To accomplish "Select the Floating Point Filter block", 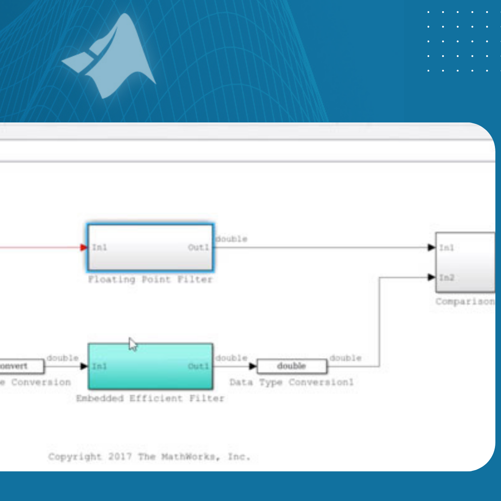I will pos(150,248).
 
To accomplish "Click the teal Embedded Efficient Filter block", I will pos(150,366).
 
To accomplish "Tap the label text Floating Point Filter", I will pos(150,280).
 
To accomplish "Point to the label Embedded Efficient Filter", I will pos(150,398).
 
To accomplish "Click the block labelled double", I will pos(292,366).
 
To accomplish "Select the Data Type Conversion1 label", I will pos(291,382).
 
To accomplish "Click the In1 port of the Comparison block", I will pos(446,248).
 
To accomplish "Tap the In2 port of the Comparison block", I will pos(446,277).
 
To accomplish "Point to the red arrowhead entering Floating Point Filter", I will pos(83,247).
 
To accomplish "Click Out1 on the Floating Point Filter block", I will pos(199,248).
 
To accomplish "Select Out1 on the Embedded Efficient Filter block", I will pos(199,366).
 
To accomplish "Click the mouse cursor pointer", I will pos(133,344).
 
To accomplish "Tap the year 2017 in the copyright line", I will pos(121,456).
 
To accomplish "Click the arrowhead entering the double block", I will pos(252,366).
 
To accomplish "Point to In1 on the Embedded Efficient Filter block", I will pos(100,366).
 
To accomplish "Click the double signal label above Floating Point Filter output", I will pos(231,239).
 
